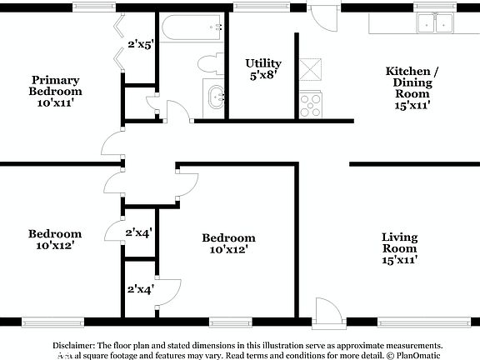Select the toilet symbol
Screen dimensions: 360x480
point(208,63)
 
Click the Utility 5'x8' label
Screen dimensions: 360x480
point(262,69)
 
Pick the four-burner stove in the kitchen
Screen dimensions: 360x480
point(311,102)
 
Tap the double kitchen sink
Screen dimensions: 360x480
point(436,25)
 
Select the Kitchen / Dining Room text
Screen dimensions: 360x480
point(407,82)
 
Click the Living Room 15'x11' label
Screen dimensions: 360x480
point(399,248)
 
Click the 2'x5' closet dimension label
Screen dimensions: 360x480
point(141,44)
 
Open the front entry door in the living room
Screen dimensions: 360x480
point(327,313)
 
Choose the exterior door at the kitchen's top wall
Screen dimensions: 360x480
point(320,17)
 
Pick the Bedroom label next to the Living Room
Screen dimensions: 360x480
point(228,243)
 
